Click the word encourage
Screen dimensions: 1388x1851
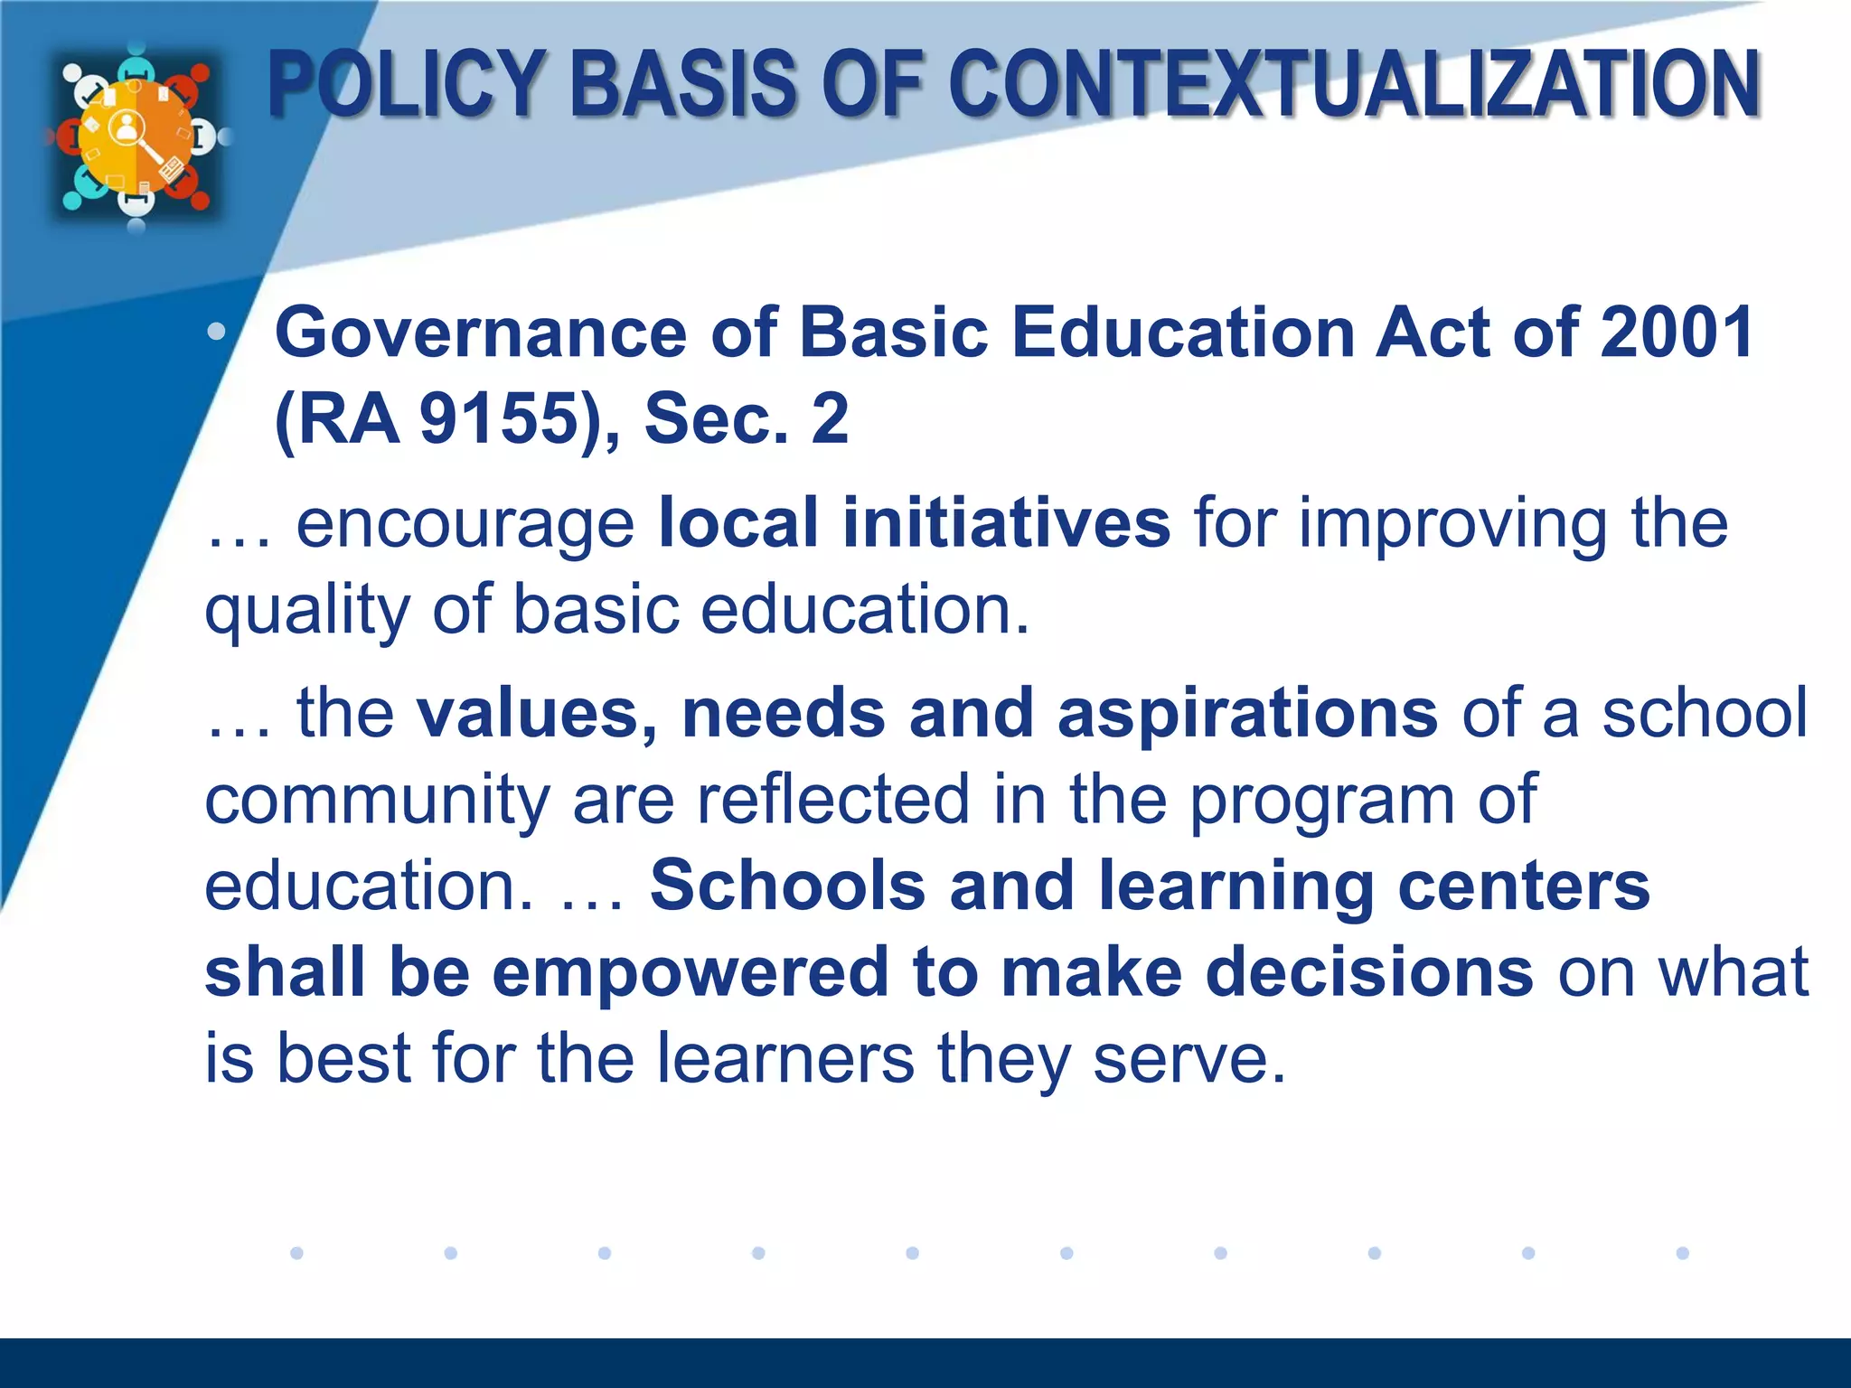tap(465, 525)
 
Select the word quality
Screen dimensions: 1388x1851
tap(307, 611)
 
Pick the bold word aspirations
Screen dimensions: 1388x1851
tap(1247, 713)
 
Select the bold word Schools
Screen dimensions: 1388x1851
tap(787, 885)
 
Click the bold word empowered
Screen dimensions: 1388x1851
tap(691, 971)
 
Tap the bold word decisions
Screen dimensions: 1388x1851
tap(1370, 971)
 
